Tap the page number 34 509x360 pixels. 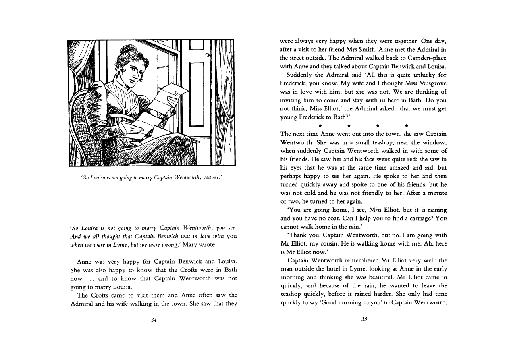point(153,320)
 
